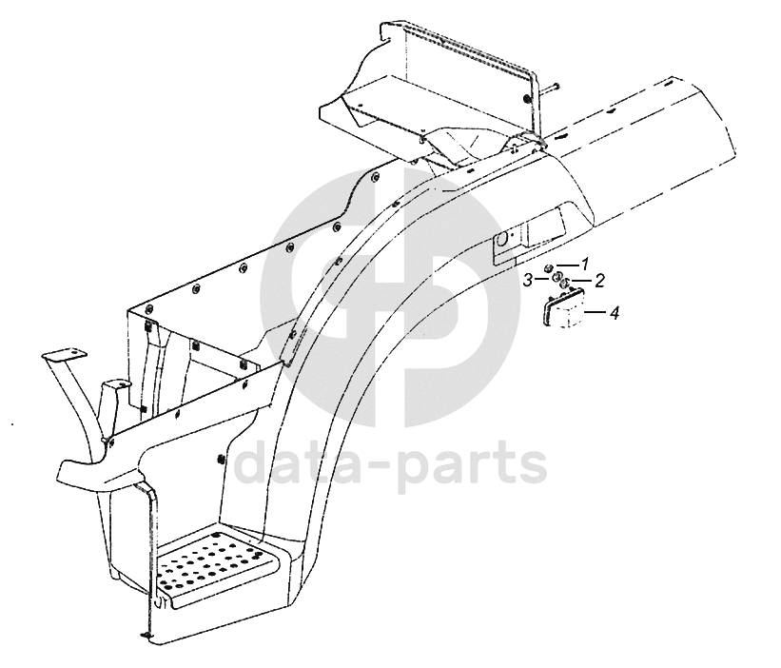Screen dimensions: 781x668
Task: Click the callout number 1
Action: tap(586, 264)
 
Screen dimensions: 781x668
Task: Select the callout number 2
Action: tap(600, 281)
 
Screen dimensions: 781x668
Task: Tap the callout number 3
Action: tap(527, 279)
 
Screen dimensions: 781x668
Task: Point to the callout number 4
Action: tap(615, 311)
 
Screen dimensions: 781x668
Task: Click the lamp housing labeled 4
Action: tap(565, 314)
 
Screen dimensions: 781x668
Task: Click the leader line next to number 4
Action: tap(596, 311)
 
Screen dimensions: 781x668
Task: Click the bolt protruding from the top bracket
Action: tap(550, 88)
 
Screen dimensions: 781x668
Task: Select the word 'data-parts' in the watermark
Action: tap(390, 464)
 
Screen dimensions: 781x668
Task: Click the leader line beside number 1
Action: tap(567, 265)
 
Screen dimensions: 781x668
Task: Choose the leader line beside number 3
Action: tap(540, 279)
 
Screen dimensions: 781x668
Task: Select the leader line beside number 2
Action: tap(582, 281)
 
